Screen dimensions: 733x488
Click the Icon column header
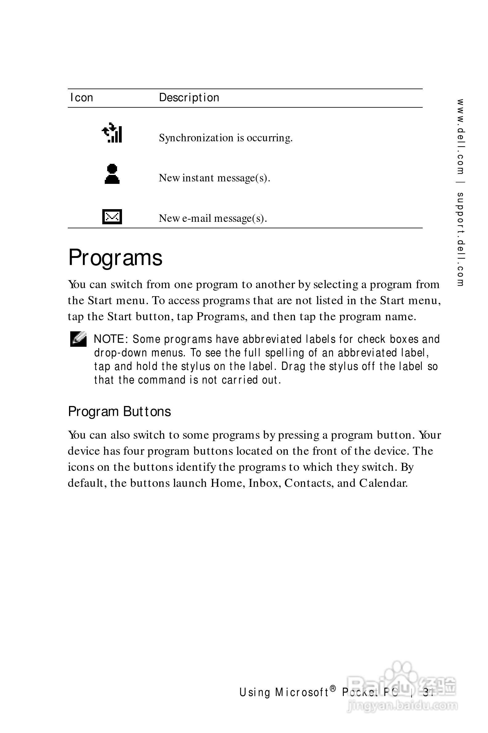(x=82, y=97)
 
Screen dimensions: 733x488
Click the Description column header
(x=189, y=97)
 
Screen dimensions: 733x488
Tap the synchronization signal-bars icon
(x=112, y=133)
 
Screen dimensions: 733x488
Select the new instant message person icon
(x=112, y=174)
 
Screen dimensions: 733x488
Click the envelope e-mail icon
(x=112, y=217)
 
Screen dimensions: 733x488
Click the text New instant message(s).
(x=214, y=178)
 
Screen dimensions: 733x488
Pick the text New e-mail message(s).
(x=213, y=218)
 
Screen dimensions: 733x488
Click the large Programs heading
(x=115, y=258)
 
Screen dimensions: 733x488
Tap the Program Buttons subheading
(x=120, y=411)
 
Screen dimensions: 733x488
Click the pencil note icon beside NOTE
(x=78, y=339)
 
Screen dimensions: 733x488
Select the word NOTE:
(x=111, y=339)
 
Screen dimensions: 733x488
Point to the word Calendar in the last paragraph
(x=383, y=483)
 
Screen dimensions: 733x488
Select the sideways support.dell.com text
(x=461, y=239)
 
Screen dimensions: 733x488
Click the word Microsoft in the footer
(x=301, y=693)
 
